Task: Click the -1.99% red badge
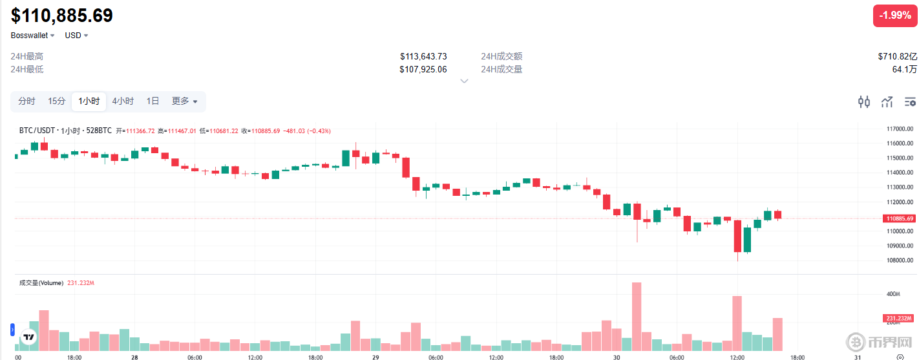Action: (895, 16)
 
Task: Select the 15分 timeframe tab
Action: (57, 101)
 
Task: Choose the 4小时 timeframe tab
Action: (123, 101)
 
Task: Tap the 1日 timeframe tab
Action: (153, 101)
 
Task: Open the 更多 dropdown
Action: (184, 101)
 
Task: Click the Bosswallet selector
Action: (32, 36)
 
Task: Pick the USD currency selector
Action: (76, 36)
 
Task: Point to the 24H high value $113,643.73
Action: (423, 56)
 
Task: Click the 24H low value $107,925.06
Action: (423, 69)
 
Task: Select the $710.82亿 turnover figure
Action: (897, 56)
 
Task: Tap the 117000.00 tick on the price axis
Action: (899, 128)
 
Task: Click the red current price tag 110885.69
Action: (900, 218)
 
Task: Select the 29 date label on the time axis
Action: (375, 357)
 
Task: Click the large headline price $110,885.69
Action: (62, 16)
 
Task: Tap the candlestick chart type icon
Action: (863, 101)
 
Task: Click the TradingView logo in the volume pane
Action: (28, 337)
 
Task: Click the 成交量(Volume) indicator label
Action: (41, 283)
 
